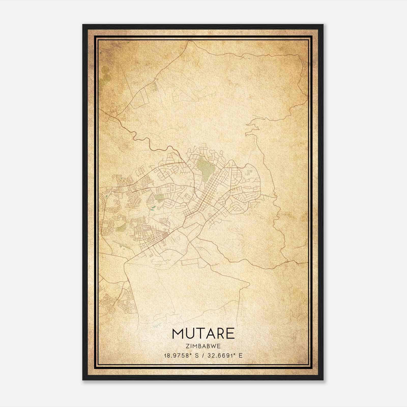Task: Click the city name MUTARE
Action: coord(203,333)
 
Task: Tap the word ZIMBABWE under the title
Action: coord(203,346)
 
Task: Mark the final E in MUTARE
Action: coord(230,333)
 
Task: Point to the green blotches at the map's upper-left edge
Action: coord(105,74)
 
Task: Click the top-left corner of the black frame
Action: coord(83,25)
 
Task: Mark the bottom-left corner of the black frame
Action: coord(83,380)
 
